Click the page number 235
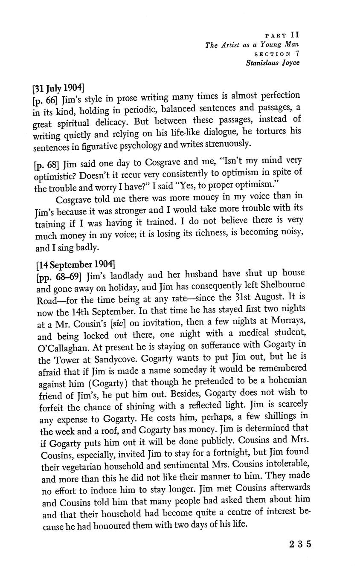click(x=300, y=544)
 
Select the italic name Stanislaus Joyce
click(x=273, y=63)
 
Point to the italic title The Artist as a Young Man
click(x=252, y=44)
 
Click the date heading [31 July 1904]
click(x=58, y=89)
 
